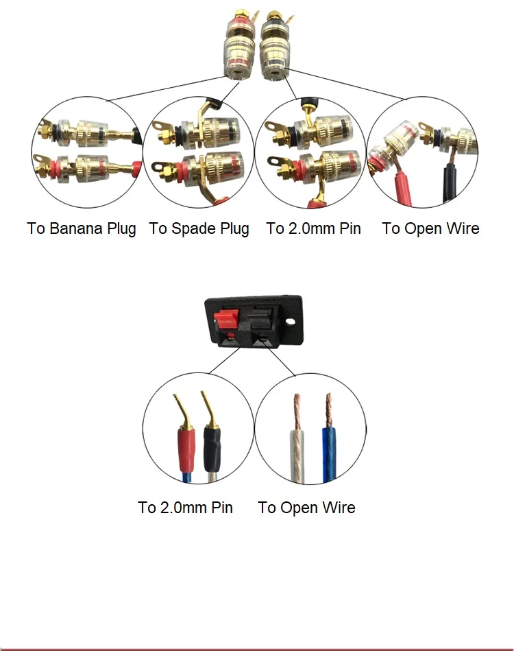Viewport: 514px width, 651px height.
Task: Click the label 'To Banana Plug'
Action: point(82,228)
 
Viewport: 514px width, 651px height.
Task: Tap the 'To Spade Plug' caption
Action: point(199,228)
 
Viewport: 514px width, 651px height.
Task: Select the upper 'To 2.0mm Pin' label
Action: point(314,228)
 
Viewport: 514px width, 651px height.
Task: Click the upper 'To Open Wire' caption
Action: point(430,228)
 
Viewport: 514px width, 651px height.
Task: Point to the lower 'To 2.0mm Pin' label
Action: point(186,508)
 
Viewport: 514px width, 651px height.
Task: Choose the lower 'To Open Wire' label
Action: point(306,508)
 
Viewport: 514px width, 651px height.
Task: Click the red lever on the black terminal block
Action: point(226,318)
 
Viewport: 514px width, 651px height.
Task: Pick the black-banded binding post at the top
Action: point(273,46)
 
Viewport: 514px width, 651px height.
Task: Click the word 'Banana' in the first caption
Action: point(76,228)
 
